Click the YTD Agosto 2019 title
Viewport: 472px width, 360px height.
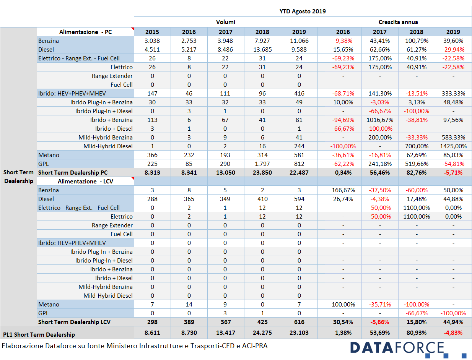click(x=303, y=11)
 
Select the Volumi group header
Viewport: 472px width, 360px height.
click(x=226, y=22)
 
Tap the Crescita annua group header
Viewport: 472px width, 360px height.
click(x=398, y=22)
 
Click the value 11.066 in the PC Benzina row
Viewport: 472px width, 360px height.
click(x=299, y=41)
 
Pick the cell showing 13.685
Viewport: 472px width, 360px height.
click(x=262, y=49)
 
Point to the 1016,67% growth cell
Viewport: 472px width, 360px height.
click(x=380, y=120)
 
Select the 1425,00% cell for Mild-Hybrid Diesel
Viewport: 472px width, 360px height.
click(x=453, y=146)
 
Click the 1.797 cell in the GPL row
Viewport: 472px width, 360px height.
click(x=262, y=164)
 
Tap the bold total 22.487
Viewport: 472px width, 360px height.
click(x=299, y=172)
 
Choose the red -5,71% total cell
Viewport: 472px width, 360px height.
click(x=453, y=172)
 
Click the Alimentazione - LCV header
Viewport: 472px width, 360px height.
click(x=85, y=181)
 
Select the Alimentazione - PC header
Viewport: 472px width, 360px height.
click(x=85, y=32)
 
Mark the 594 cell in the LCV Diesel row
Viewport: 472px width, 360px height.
click(x=299, y=199)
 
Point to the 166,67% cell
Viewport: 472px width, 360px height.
click(x=343, y=190)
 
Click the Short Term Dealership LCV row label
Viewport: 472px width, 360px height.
click(x=74, y=322)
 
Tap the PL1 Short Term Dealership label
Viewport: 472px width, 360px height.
click(x=39, y=334)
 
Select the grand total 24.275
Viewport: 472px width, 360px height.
click(x=262, y=333)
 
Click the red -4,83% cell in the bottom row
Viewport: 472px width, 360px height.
click(x=453, y=333)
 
